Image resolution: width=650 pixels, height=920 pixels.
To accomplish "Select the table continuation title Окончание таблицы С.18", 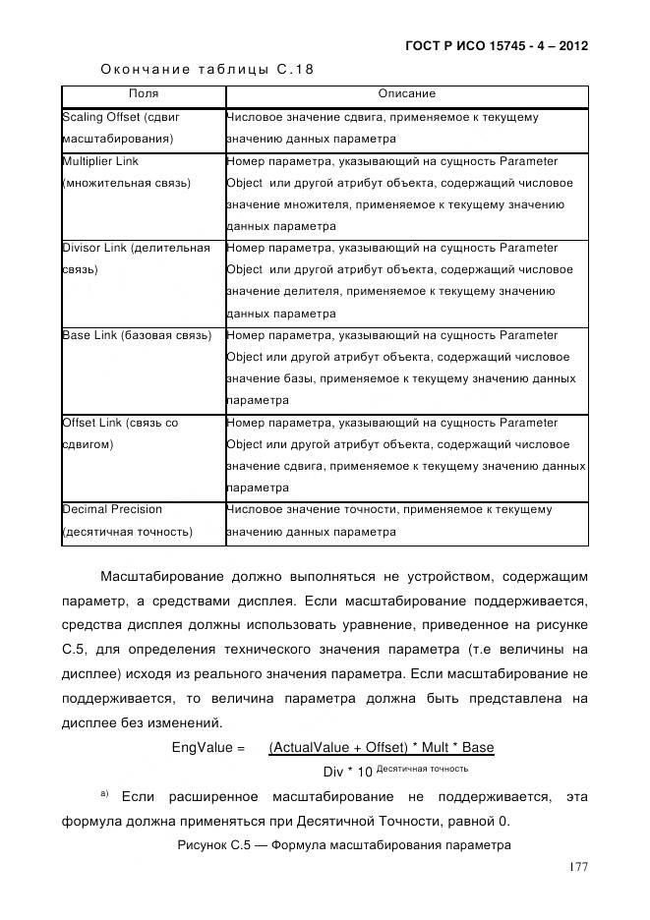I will [x=207, y=69].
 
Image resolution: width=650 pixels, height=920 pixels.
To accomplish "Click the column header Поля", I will [x=144, y=94].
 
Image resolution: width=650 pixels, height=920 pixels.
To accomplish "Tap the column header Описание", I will [x=406, y=94].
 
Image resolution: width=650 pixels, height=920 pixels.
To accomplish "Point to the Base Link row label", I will [x=137, y=335].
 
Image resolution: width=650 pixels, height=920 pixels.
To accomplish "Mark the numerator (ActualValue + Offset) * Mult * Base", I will [x=381, y=748].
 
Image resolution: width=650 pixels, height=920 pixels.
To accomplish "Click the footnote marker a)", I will [x=103, y=792].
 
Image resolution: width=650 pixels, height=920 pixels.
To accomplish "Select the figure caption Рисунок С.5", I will [x=344, y=844].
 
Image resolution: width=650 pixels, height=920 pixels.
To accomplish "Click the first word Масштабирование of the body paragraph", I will [x=163, y=576].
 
